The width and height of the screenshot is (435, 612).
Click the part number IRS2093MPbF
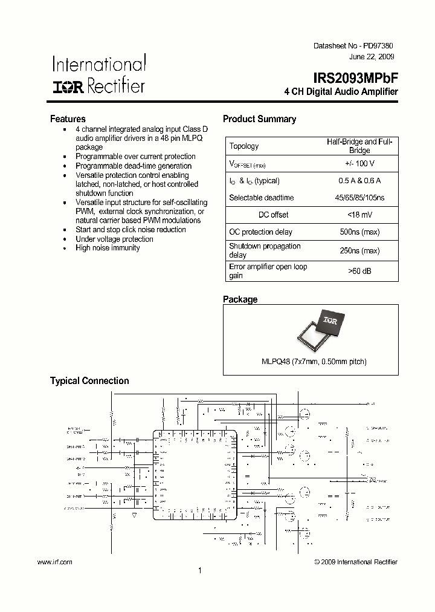(355, 79)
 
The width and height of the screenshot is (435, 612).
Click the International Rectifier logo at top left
(98, 75)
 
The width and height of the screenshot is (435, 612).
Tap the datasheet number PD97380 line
(357, 46)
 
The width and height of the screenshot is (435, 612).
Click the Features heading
(68, 119)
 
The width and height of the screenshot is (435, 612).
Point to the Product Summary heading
(259, 119)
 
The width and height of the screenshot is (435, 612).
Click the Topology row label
(244, 146)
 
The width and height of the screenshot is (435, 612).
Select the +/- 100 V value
(359, 163)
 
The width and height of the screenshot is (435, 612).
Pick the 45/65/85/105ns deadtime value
(359, 198)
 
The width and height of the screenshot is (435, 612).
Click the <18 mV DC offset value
(359, 215)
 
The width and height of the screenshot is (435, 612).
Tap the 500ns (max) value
(359, 232)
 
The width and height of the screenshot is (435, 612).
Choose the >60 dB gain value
(359, 271)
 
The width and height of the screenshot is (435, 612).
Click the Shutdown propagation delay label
(256, 250)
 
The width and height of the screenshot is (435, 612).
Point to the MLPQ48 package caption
(314, 362)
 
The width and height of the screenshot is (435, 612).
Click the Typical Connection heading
(89, 381)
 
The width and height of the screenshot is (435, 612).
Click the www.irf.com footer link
(55, 562)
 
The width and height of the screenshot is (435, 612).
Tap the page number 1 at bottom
(200, 570)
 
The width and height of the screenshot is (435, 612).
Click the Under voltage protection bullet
(114, 239)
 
